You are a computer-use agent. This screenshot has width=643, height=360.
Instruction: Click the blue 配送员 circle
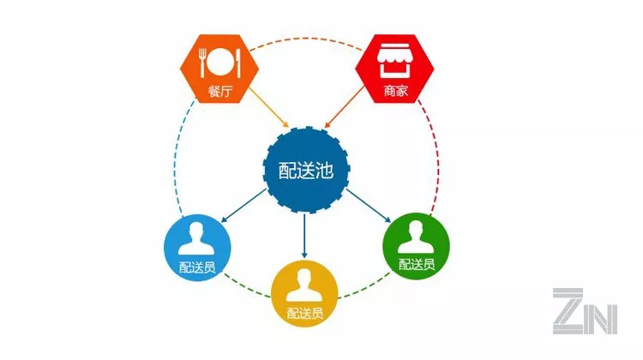point(197,243)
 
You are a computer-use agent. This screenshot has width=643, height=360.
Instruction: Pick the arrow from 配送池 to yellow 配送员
point(305,235)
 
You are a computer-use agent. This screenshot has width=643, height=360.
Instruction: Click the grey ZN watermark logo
point(585,310)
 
